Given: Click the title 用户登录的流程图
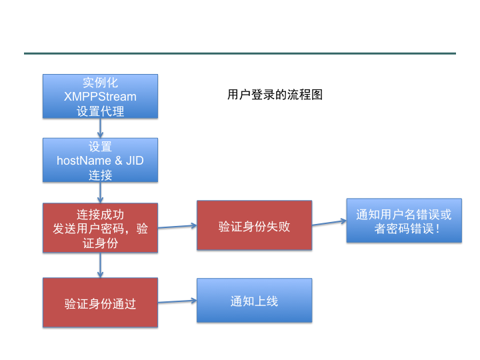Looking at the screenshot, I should pyautogui.click(x=275, y=95).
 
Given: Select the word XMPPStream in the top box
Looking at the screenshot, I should pyautogui.click(x=100, y=97).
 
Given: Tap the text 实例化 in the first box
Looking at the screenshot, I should pyautogui.click(x=100, y=83).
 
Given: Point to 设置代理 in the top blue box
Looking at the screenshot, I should pyautogui.click(x=100, y=111).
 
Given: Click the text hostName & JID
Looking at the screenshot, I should pyautogui.click(x=100, y=161).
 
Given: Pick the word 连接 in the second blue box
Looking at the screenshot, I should pyautogui.click(x=100, y=175).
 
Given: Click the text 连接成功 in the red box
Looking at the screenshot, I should pyautogui.click(x=100, y=214).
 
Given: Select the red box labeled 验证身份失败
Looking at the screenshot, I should pyautogui.click(x=254, y=225).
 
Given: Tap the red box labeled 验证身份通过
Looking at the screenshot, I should pyautogui.click(x=100, y=303).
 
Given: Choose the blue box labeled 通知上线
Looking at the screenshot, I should pyautogui.click(x=254, y=301).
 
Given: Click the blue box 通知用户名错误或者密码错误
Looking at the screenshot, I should pyautogui.click(x=403, y=221).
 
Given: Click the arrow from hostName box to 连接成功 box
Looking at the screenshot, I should pyautogui.click(x=100, y=193).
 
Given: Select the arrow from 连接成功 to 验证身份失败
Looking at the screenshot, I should pyautogui.click(x=177, y=227).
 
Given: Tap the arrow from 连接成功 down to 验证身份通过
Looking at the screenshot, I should pyautogui.click(x=100, y=265).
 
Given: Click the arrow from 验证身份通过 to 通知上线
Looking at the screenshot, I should pyautogui.click(x=177, y=301).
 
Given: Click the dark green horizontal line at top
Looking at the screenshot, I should pyautogui.click(x=240, y=53).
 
